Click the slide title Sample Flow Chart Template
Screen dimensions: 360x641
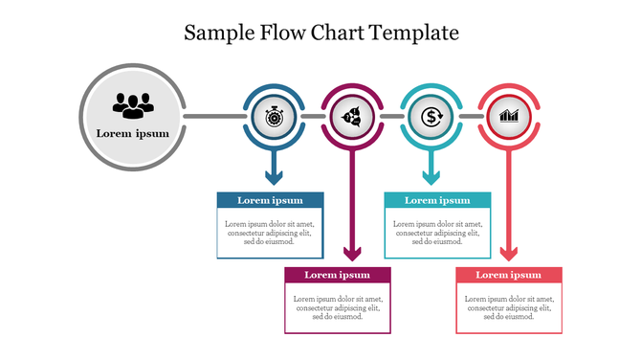tap(320, 33)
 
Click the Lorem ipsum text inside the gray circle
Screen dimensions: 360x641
tap(132, 133)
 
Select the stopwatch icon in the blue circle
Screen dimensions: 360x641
tap(274, 117)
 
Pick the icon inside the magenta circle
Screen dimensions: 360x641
tap(352, 117)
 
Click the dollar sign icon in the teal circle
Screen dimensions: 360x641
tap(431, 117)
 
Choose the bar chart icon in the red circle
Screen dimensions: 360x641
tap(509, 117)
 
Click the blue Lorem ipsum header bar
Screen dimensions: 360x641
tap(270, 200)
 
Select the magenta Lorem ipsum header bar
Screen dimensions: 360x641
tap(338, 275)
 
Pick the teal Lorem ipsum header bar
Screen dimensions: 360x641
tap(437, 200)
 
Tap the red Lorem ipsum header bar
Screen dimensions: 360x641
tap(509, 275)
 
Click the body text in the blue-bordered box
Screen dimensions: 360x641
tap(270, 233)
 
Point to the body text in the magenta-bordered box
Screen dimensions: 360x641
tap(338, 307)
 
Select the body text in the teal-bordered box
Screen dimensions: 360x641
tap(437, 233)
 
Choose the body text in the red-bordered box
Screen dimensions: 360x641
tap(509, 307)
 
